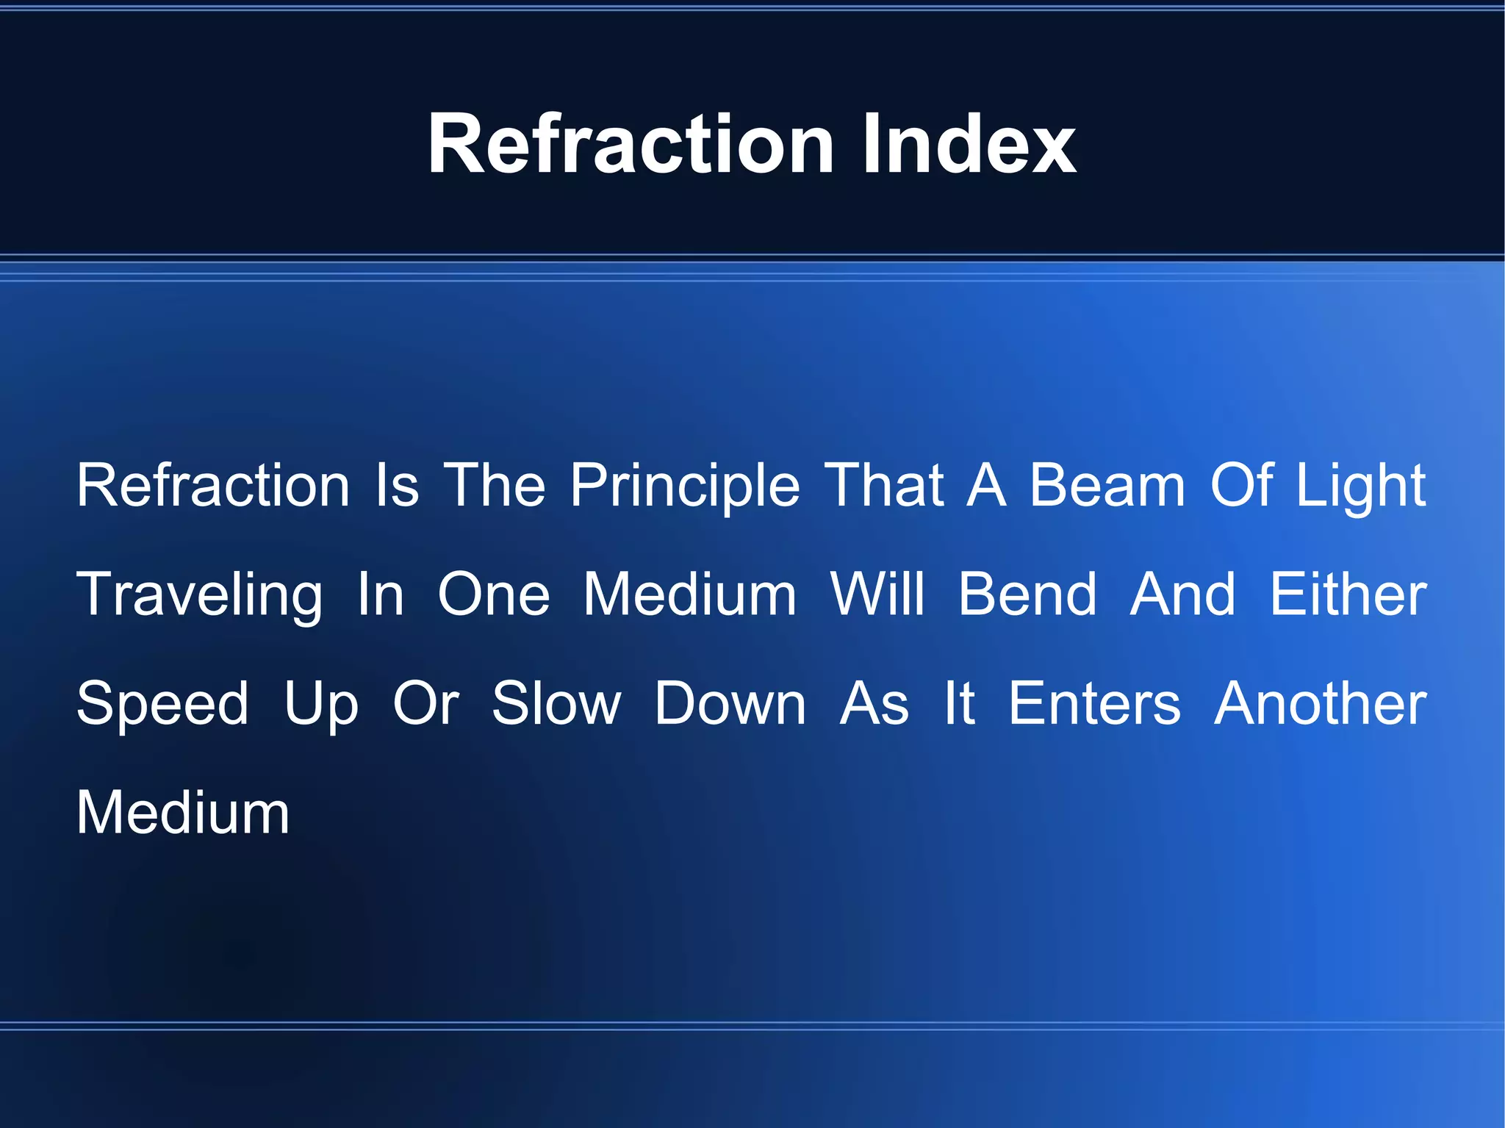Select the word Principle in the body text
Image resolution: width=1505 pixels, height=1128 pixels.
[x=685, y=486]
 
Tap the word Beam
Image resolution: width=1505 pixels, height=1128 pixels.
[x=1107, y=486]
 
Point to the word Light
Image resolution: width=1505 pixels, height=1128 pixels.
[x=1360, y=486]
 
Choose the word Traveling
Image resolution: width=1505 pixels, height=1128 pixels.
[x=200, y=594]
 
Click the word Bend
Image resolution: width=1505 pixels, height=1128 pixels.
[x=1027, y=594]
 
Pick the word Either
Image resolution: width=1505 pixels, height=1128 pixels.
[x=1348, y=594]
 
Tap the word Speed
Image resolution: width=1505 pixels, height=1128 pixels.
[x=163, y=704]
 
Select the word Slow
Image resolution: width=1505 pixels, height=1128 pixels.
[x=556, y=704]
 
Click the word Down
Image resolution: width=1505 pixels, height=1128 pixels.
[x=730, y=704]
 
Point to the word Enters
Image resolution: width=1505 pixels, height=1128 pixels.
[x=1094, y=704]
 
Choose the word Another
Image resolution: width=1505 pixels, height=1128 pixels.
[x=1321, y=704]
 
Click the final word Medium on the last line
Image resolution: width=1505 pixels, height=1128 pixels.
[x=183, y=813]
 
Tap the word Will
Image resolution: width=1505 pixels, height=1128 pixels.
[x=877, y=594]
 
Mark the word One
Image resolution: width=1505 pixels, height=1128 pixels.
[x=494, y=594]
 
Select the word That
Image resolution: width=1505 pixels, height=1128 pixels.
[x=884, y=486]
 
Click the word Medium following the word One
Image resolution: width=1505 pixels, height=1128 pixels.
[x=690, y=594]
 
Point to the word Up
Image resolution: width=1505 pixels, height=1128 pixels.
[x=321, y=704]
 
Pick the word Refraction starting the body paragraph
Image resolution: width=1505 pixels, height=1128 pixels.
[x=213, y=486]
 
